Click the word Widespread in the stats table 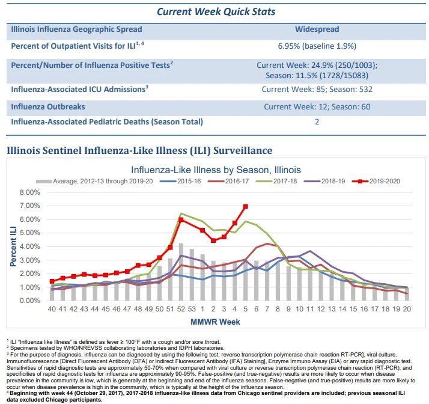coord(317,29)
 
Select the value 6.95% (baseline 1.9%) coord(317,46)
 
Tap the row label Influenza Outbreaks coord(48,107)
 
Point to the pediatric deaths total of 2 coord(317,122)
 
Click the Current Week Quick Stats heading coord(216,11)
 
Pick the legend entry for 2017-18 coord(276,181)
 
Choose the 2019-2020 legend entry coord(376,181)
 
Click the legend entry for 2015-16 coord(180,181)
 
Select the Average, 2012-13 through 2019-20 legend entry coord(94,181)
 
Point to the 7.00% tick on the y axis coord(29,206)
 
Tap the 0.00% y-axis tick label coord(29,301)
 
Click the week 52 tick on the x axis coord(181,309)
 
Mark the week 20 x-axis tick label coord(407,309)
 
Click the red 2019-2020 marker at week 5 coord(245,206)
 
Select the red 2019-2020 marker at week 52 coord(181,219)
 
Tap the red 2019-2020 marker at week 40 coord(52,281)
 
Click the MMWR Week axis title coord(215,322)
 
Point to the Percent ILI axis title coord(13,246)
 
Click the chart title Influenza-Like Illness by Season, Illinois coord(216,170)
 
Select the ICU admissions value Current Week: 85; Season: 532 coord(317,90)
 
